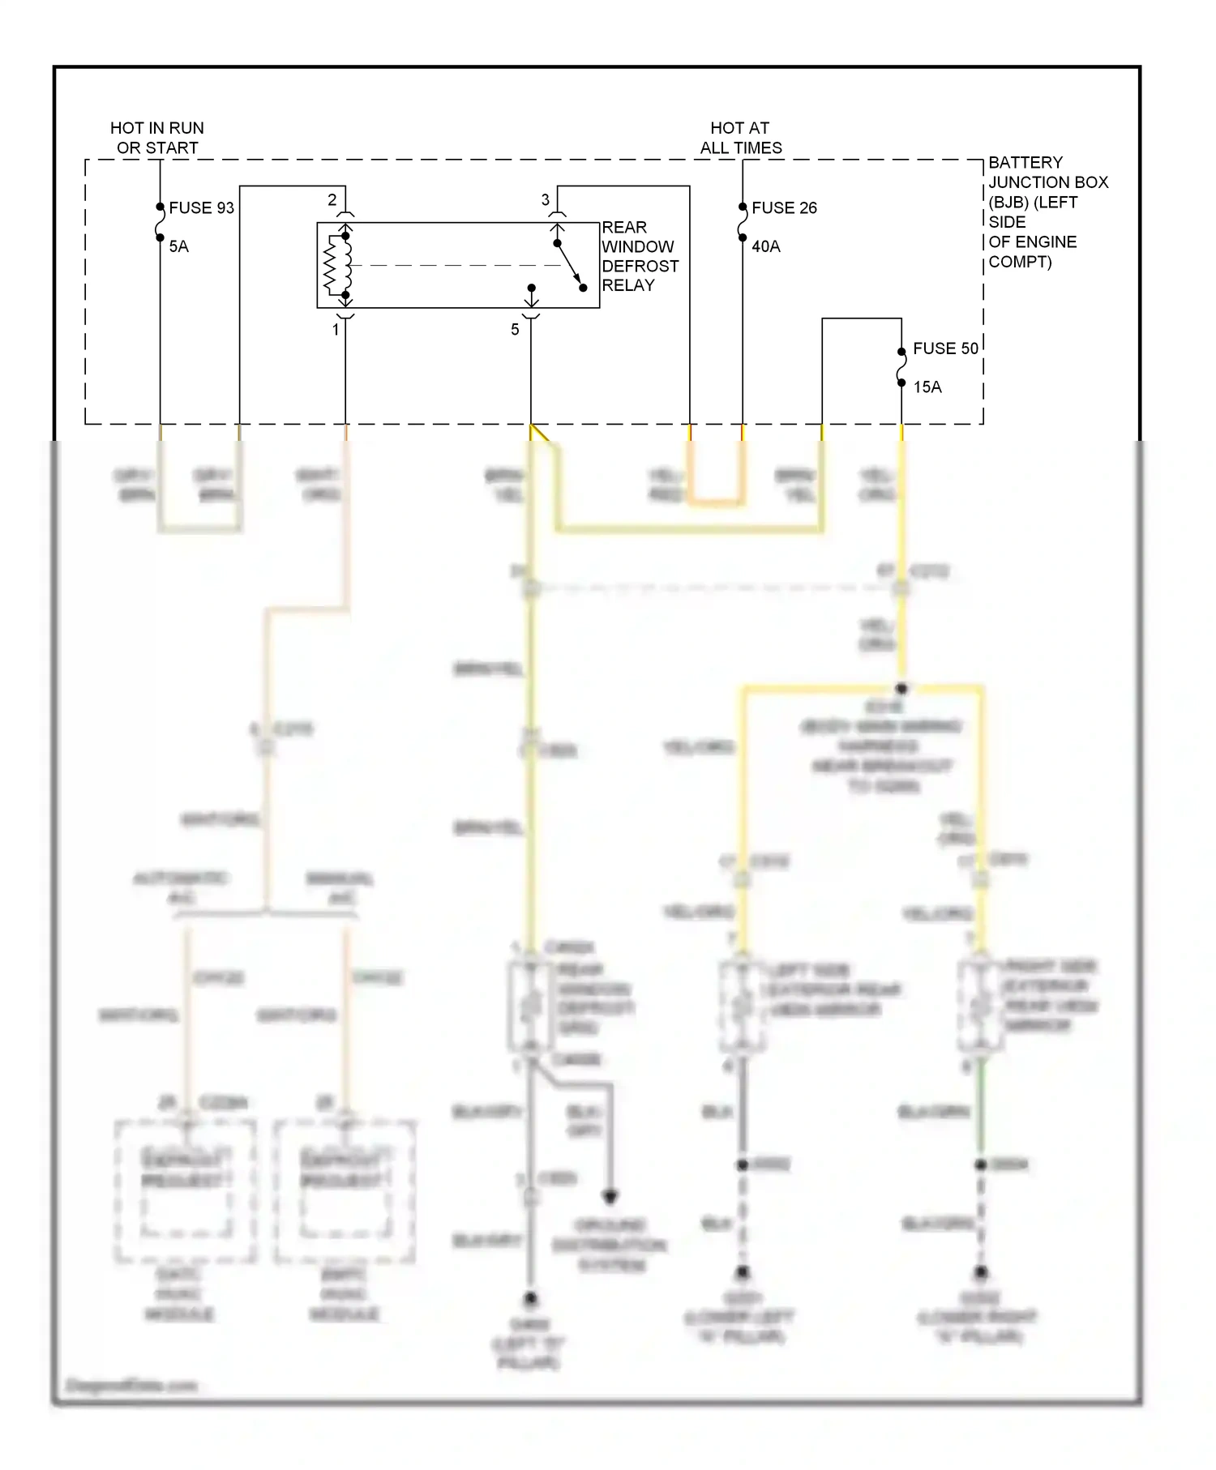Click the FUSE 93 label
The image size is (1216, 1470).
click(201, 208)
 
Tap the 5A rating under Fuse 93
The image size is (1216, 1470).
click(178, 246)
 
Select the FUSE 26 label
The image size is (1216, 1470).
click(784, 208)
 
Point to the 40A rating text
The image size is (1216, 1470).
click(765, 246)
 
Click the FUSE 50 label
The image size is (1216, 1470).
click(945, 348)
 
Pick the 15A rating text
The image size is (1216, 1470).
click(927, 387)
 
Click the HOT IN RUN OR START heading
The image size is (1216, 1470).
click(157, 138)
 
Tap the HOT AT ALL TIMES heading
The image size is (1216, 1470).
click(740, 138)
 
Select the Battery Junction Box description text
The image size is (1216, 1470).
click(1046, 212)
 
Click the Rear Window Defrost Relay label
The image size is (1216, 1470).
click(640, 256)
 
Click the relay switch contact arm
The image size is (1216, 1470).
click(569, 265)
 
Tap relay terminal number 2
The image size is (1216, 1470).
click(332, 199)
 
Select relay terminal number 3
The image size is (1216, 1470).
click(545, 199)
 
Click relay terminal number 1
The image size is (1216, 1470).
click(336, 330)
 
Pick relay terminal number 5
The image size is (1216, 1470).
click(515, 330)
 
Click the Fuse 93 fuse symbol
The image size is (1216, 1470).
click(161, 222)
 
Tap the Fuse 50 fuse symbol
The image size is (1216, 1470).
click(901, 367)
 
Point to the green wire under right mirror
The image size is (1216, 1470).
click(981, 1110)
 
